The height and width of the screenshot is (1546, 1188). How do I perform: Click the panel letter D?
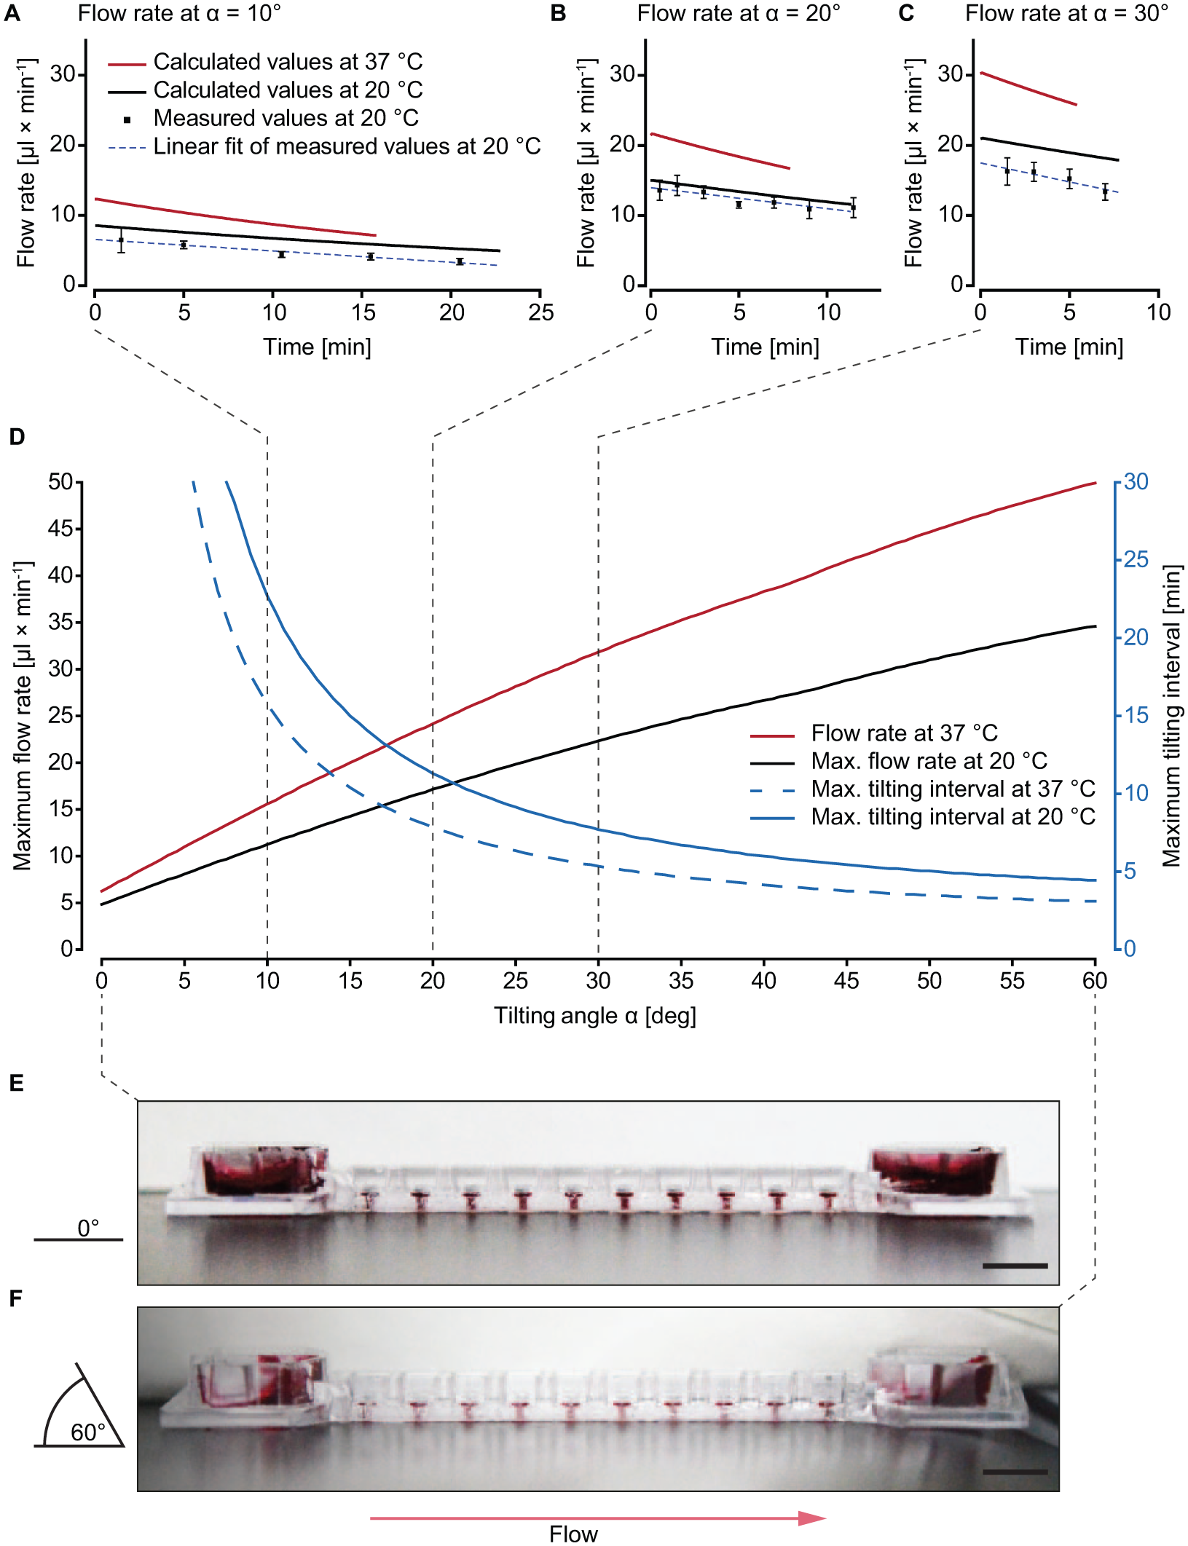coord(17,437)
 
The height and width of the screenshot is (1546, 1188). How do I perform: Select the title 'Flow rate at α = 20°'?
coord(739,13)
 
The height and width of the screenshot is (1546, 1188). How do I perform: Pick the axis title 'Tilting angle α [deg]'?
coord(595,1016)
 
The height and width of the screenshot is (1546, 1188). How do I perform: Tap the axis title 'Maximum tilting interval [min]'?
coord(1171,716)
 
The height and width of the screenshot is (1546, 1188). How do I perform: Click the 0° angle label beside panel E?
coord(88,1228)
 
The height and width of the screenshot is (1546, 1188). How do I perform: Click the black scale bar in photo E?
coord(1015,1266)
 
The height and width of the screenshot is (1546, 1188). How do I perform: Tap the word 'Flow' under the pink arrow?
coord(573,1534)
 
